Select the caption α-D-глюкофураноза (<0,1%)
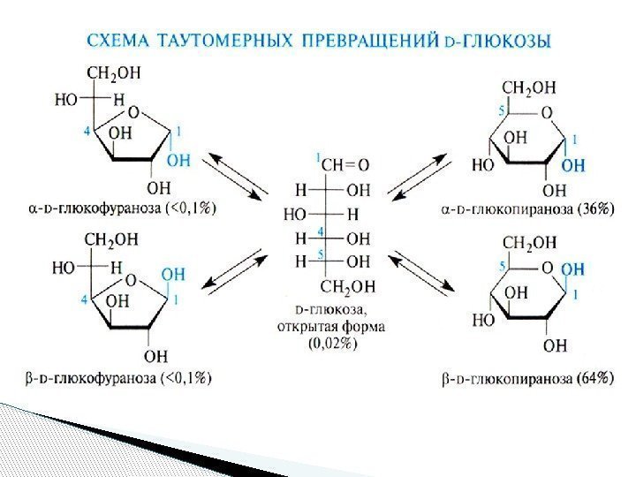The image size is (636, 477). click(123, 209)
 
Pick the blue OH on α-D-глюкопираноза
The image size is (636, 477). click(573, 165)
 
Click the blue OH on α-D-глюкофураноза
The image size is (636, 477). click(178, 160)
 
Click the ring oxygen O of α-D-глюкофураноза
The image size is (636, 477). click(132, 113)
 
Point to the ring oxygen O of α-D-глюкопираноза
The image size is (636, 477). click(547, 112)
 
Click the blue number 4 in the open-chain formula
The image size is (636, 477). click(322, 231)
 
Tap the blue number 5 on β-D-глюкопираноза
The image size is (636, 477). click(504, 265)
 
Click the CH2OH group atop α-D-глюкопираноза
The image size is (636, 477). click(529, 87)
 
